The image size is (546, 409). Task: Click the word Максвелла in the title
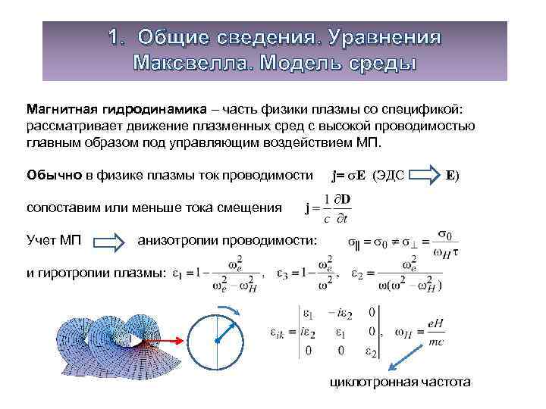193,61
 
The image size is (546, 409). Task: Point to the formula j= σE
350,174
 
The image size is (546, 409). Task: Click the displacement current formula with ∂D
332,209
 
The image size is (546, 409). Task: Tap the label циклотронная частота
400,382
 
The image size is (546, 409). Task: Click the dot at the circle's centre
216,342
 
